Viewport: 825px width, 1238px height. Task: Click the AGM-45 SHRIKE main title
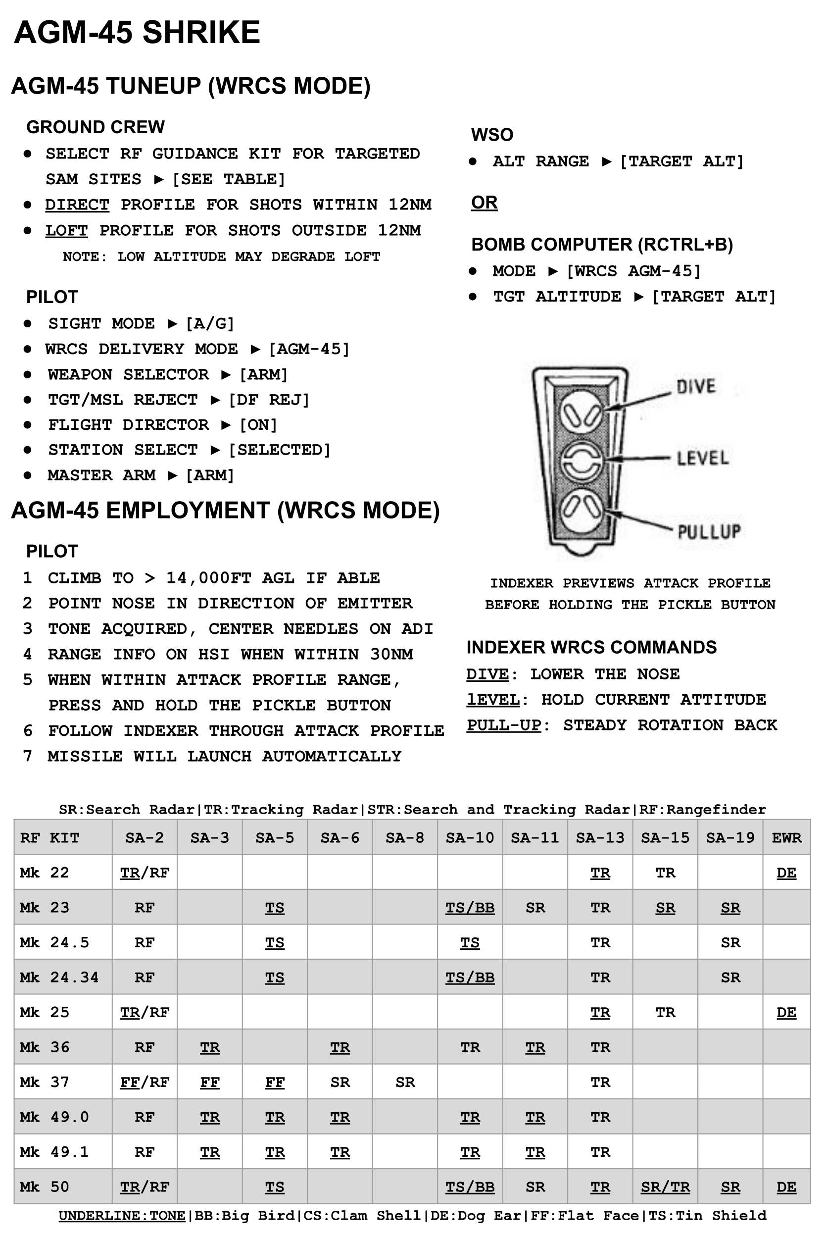137,33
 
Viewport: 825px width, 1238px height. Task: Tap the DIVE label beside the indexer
695,387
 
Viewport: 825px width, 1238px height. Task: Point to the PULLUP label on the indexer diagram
709,532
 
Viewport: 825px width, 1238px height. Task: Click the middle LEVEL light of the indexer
581,461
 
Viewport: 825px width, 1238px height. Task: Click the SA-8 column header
405,837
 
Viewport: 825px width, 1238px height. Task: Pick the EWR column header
786,837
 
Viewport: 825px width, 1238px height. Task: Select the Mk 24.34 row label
59,978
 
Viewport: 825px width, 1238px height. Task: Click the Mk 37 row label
44,1082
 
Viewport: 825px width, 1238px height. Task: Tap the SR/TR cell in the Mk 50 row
665,1187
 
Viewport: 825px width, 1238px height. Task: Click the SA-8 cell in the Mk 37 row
405,1082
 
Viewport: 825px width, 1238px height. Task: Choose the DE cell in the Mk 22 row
786,873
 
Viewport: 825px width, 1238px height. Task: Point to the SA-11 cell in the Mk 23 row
535,907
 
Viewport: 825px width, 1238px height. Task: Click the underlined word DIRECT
77,204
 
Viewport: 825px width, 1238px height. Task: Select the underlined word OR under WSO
484,202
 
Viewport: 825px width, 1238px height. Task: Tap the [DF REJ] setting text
269,400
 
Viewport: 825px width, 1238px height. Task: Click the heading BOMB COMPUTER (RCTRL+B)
602,244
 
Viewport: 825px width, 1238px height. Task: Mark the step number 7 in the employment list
27,756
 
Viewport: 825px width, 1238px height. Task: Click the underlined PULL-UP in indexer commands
503,725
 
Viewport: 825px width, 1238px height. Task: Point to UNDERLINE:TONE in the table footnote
122,1215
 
